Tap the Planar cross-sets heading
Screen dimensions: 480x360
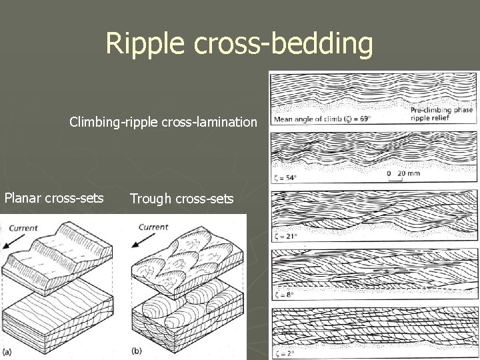[x=54, y=198]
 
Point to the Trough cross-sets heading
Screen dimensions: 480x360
[x=181, y=198]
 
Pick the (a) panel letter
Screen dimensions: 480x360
[x=8, y=351]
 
